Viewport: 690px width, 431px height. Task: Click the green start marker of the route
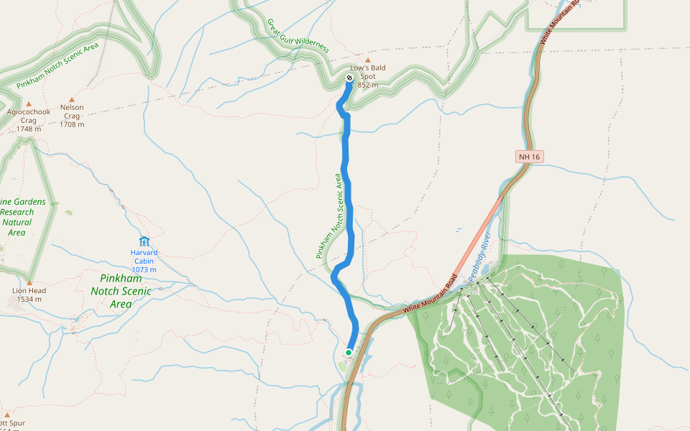click(349, 353)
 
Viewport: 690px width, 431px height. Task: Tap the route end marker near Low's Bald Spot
click(349, 78)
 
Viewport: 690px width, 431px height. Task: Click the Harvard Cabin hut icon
click(144, 241)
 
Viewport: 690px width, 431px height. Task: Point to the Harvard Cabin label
click(144, 256)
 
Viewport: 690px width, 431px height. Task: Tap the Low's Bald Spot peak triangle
click(368, 60)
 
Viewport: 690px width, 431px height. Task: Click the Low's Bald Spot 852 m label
click(368, 76)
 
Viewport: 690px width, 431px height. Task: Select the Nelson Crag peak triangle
click(72, 101)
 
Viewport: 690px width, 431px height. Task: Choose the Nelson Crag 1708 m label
click(72, 116)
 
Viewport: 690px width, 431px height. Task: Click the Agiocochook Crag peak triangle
click(29, 104)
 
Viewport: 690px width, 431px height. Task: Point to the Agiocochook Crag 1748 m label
click(29, 120)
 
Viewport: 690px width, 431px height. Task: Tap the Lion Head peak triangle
click(29, 282)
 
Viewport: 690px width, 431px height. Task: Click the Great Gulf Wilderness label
click(298, 36)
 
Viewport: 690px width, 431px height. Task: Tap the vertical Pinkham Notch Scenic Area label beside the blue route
click(328, 215)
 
